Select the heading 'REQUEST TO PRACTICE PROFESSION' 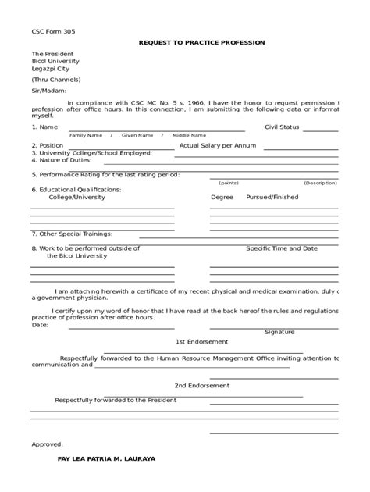coord(201,41)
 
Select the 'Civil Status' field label coord(282,126)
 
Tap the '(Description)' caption coord(320,182)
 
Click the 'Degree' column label coord(222,198)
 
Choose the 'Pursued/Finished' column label coord(272,198)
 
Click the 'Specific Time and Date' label coord(282,248)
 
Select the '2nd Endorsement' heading coord(201,386)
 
